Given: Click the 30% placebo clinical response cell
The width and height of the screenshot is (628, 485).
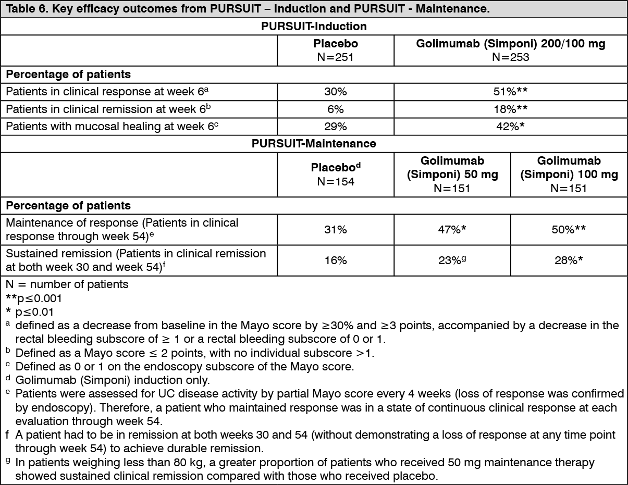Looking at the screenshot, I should (x=335, y=92).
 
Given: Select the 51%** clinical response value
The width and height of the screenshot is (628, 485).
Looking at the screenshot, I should (x=510, y=92).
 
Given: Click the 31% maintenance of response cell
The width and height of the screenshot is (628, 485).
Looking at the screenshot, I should (x=335, y=229).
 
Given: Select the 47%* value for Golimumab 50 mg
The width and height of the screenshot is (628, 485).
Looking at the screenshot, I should (x=452, y=229).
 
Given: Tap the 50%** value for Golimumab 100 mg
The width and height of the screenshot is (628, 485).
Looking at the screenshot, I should (x=569, y=229).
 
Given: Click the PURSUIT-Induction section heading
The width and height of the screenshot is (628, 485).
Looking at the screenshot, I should (x=314, y=26).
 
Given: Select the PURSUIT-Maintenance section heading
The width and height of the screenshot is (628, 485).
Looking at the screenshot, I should (x=314, y=143).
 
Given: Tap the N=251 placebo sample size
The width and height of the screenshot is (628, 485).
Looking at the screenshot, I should (x=335, y=57).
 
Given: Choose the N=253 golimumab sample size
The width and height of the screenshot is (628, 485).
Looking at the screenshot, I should (x=510, y=57).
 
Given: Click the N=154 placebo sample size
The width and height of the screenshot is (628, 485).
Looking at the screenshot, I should (x=335, y=182).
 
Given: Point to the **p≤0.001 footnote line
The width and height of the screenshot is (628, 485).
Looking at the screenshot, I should (x=34, y=299).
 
